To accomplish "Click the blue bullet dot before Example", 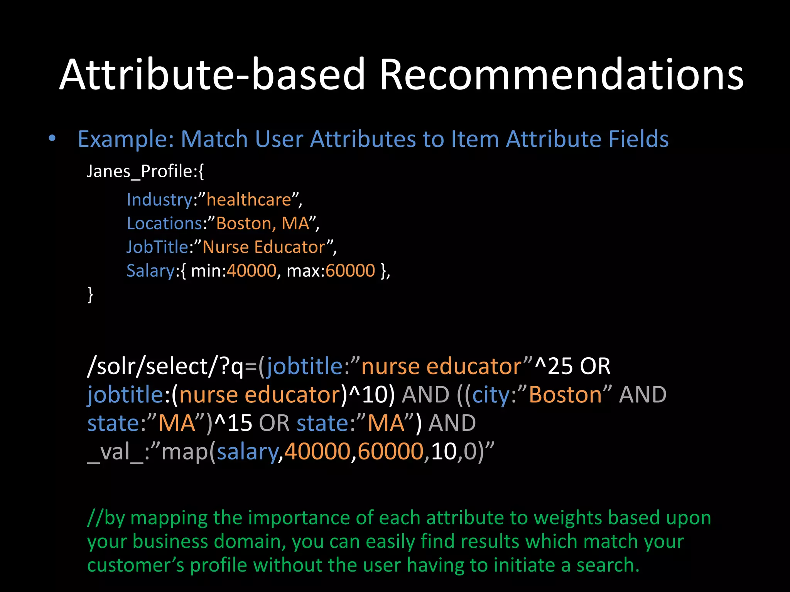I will point(52,138).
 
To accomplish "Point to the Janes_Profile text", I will point(145,171).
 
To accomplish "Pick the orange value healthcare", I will point(249,200).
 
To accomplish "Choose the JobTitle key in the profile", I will point(157,247).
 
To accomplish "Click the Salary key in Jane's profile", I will point(151,271).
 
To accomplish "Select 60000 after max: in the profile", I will point(350,271).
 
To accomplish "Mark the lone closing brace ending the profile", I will point(90,294).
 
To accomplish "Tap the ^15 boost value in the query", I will point(233,423).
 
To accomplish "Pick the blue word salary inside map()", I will point(247,452).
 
